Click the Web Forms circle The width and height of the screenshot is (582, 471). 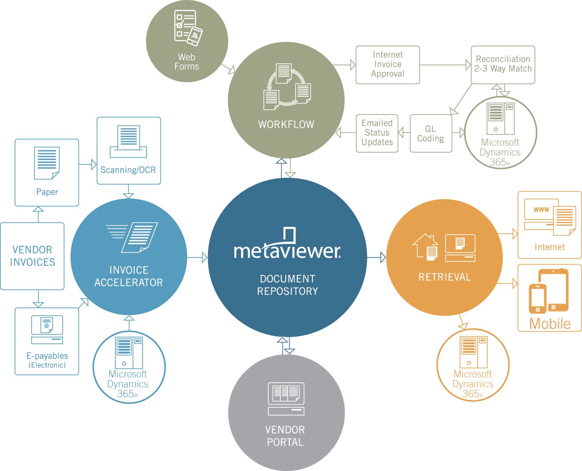(x=187, y=41)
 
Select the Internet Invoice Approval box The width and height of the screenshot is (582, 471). (x=387, y=65)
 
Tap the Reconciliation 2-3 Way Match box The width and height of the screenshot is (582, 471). (x=503, y=65)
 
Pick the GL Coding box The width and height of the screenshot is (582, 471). (x=431, y=133)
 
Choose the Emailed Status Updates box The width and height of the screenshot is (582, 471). (x=377, y=133)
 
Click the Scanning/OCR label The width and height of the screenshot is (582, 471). (x=128, y=170)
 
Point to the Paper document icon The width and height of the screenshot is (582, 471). (x=47, y=163)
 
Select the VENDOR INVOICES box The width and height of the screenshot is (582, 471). (x=32, y=256)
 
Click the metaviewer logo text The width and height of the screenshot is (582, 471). (x=287, y=251)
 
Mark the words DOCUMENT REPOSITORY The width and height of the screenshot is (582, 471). (x=288, y=285)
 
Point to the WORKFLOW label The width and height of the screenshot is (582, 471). (x=286, y=125)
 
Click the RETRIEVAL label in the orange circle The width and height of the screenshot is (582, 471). (x=445, y=277)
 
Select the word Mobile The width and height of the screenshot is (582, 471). (x=550, y=324)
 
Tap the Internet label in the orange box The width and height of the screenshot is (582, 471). (x=550, y=247)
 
